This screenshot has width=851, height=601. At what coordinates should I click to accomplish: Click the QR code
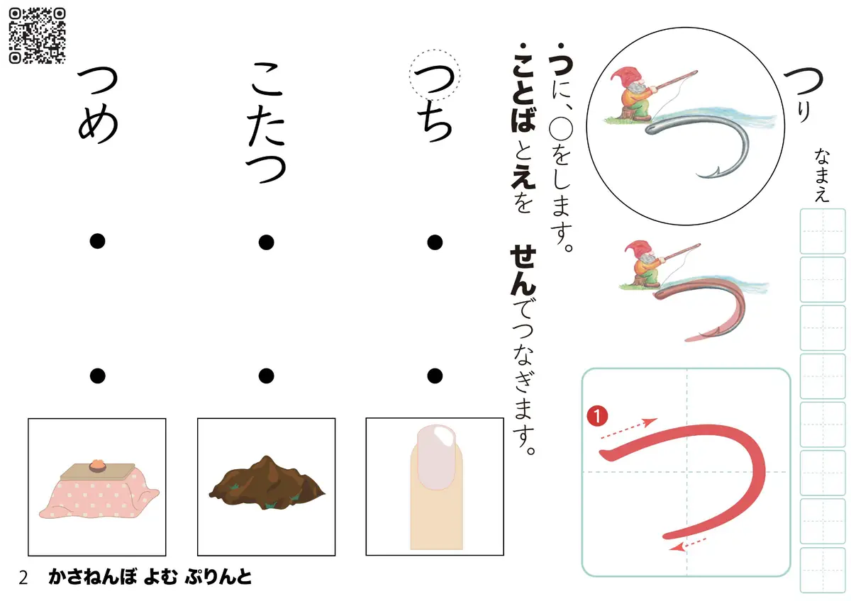pos(37,36)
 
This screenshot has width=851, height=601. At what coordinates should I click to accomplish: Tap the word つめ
pos(98,105)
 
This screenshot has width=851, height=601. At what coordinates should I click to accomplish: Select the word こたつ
pos(267,123)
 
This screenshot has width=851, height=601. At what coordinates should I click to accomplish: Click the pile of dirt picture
pos(267,483)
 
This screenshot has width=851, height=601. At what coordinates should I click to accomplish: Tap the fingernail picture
pos(437,487)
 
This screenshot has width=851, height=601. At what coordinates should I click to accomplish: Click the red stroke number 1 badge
pos(597,416)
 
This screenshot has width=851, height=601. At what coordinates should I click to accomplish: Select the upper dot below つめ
pos(98,241)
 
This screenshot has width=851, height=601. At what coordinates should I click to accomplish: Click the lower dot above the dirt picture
pos(267,376)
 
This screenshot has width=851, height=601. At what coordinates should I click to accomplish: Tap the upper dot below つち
pos(435,242)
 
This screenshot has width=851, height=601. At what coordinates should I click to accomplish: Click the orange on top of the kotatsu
pos(98,465)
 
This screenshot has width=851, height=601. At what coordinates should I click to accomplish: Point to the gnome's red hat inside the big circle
pos(625,76)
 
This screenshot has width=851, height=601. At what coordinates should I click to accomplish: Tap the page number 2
pos(23,578)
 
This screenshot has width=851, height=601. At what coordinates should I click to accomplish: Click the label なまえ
pos(821,175)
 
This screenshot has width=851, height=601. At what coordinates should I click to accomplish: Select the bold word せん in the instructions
pos(523,271)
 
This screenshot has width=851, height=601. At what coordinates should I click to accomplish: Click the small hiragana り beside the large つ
pos(803,113)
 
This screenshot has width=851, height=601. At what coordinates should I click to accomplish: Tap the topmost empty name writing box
pos(823,231)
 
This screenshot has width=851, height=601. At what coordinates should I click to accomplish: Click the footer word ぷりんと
pos(218,577)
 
